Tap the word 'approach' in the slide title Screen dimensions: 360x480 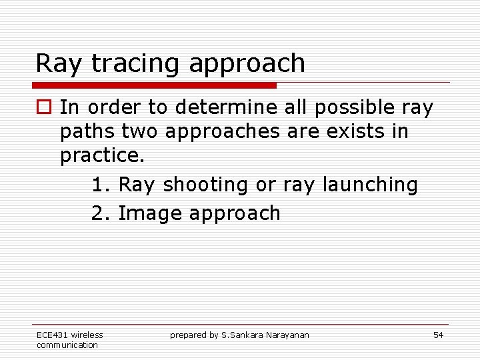point(247,64)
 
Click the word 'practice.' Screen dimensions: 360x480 point(102,157)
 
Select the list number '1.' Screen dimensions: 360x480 point(101,185)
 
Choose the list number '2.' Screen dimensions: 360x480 point(101,213)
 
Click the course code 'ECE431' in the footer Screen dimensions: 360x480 point(52,335)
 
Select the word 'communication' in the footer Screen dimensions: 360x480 point(67,345)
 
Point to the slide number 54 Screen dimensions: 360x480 point(438,335)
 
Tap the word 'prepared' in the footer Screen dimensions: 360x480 point(188,335)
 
